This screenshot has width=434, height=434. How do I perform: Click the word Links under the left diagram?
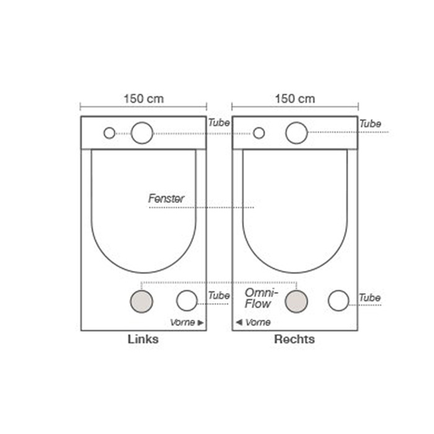143,339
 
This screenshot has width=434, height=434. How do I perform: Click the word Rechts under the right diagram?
294,339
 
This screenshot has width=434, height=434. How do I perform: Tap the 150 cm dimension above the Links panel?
143,99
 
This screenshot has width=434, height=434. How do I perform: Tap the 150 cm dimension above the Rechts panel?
294,99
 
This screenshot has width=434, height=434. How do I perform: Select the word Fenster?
166,198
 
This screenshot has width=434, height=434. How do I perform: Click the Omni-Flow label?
260,298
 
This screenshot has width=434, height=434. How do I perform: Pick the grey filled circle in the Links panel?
141,301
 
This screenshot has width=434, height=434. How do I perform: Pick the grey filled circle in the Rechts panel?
296,301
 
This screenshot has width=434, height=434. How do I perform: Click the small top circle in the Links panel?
110,133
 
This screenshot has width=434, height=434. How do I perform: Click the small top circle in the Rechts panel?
259,133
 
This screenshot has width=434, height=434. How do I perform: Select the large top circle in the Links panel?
142,133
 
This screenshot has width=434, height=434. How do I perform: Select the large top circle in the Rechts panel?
296,133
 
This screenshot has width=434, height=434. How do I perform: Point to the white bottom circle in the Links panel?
187,300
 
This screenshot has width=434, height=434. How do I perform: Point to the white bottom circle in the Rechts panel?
339,300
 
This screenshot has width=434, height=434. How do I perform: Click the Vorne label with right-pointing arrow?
187,322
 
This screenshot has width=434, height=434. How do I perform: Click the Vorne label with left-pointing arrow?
254,322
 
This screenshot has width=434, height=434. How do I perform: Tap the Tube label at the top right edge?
370,124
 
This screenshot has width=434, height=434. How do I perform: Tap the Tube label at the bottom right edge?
370,298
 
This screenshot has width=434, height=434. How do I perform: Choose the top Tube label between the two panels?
219,123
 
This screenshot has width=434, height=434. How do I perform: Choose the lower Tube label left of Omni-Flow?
219,296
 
